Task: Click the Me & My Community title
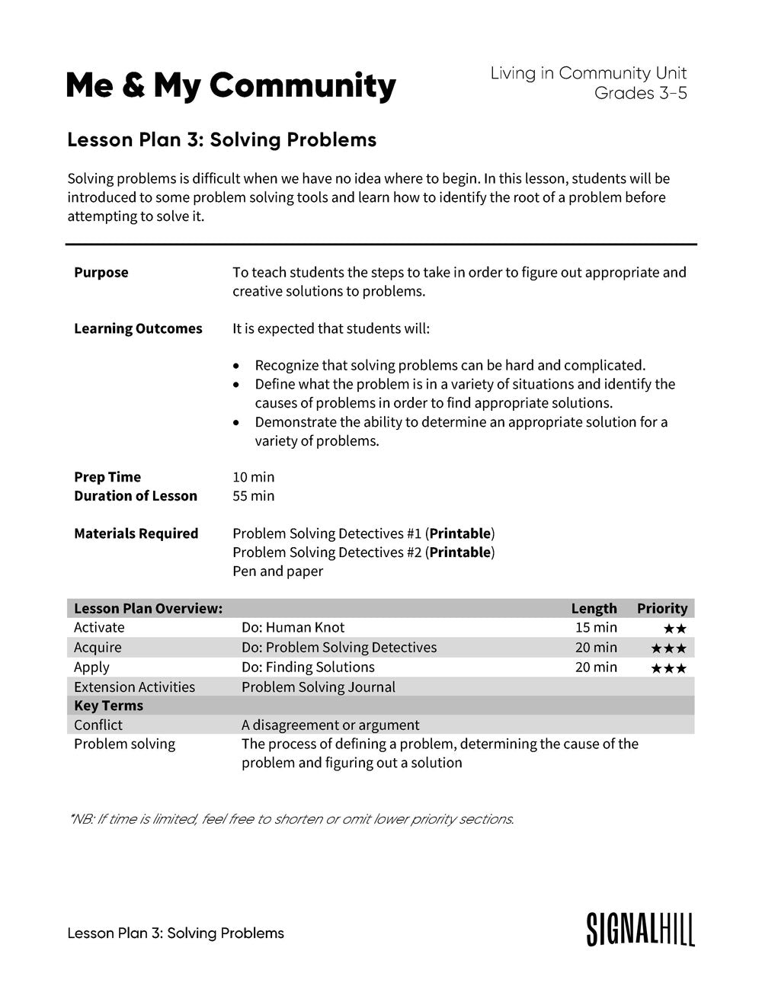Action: click(x=231, y=86)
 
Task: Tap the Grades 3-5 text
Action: click(x=640, y=93)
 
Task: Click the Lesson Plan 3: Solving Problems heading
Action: click(x=222, y=139)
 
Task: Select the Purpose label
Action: click(x=101, y=273)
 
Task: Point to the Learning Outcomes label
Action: click(x=138, y=329)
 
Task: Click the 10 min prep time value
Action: click(x=253, y=477)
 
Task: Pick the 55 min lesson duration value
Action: click(x=253, y=496)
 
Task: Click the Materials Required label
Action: click(x=136, y=533)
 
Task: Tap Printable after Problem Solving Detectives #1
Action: click(x=459, y=533)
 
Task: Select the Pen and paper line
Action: click(x=277, y=571)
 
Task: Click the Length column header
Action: click(x=594, y=608)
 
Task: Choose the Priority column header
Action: click(x=661, y=608)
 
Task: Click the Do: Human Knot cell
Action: click(x=293, y=628)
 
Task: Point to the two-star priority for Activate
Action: click(x=674, y=629)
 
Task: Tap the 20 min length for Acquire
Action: click(x=596, y=648)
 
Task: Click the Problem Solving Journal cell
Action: click(x=318, y=687)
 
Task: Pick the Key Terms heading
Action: click(x=108, y=706)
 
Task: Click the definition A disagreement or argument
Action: click(x=330, y=725)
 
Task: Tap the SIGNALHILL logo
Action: click(x=640, y=929)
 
